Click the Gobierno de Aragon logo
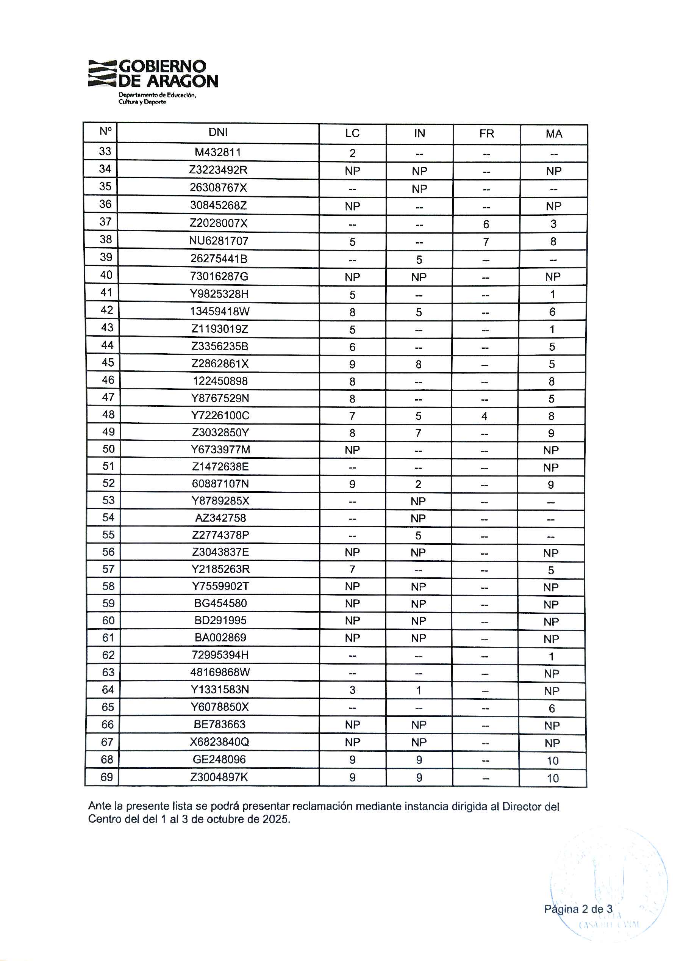click(153, 82)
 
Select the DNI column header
click(218, 133)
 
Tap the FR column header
click(487, 134)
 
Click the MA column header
click(554, 134)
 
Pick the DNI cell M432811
click(218, 152)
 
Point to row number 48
click(108, 414)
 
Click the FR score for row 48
click(485, 416)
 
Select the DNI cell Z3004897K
click(219, 777)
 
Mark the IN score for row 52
click(418, 484)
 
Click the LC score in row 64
click(352, 690)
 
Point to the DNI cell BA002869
click(220, 637)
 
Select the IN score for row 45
click(419, 364)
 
